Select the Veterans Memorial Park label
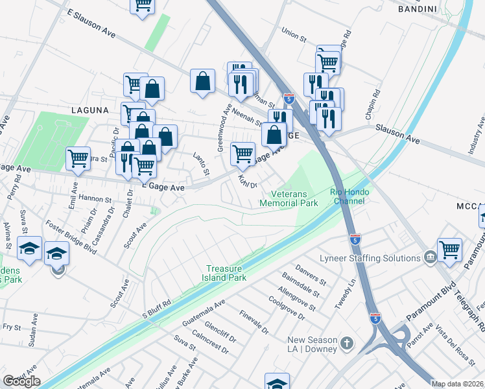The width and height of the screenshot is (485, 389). [289, 198]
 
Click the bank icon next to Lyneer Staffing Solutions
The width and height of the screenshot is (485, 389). [429, 258]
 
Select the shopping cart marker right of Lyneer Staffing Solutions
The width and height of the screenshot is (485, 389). [449, 249]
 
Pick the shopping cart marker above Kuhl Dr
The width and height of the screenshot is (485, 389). [242, 154]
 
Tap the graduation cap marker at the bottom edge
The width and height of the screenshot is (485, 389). [277, 383]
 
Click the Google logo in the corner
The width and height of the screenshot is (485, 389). [21, 381]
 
